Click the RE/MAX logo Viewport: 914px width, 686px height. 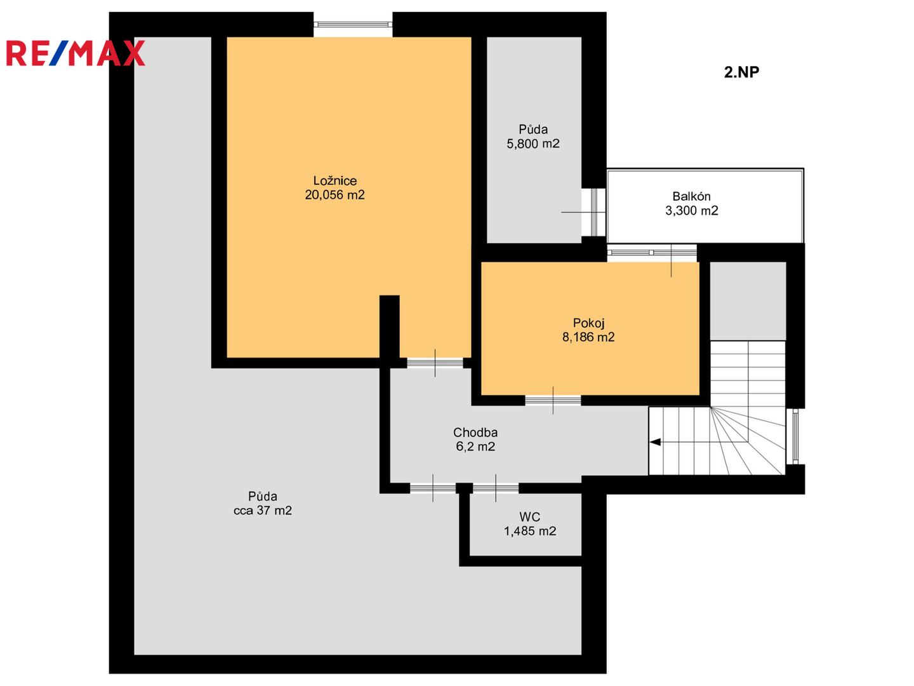(76, 53)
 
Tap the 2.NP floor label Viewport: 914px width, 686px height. (741, 72)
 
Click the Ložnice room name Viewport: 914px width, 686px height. (334, 181)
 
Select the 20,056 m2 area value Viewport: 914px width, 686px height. (334, 195)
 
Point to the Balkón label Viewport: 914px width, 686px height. (691, 196)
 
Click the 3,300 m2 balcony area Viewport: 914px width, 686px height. (691, 210)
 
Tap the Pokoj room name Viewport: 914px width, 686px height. (588, 323)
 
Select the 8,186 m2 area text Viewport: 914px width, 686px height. (588, 337)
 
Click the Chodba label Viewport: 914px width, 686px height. (475, 433)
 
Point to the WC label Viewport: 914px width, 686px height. (529, 517)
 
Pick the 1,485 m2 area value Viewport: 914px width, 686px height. (529, 531)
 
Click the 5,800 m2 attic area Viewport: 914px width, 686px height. (533, 144)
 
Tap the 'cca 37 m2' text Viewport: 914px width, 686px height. (262, 510)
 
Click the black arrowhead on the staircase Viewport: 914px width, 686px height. (655, 442)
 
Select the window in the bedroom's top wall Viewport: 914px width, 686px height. (353, 25)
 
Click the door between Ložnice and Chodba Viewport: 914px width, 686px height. (435, 363)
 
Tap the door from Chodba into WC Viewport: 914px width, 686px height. (496, 488)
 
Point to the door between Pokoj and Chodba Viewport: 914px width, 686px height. (553, 400)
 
